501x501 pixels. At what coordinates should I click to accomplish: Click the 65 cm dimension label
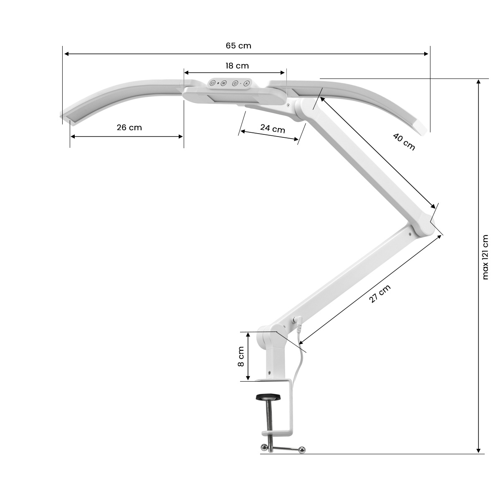pos(238,46)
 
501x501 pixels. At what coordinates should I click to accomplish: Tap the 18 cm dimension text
pos(237,66)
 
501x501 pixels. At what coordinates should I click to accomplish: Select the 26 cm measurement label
pos(129,127)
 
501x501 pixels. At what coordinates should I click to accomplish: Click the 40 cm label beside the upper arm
pos(404,141)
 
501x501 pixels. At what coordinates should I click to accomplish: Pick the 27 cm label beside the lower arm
pos(380,294)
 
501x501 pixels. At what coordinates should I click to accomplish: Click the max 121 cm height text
pos(485,257)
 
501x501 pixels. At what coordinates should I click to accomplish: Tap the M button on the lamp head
pos(223,83)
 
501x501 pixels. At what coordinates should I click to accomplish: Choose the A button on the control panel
pos(246,83)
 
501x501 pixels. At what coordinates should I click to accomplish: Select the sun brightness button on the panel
pos(235,83)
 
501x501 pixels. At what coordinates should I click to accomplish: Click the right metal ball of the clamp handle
pos(302,449)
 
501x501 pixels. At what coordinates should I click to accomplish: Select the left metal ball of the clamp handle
pos(264,448)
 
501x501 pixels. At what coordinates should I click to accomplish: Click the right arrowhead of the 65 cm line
pos(427,53)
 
